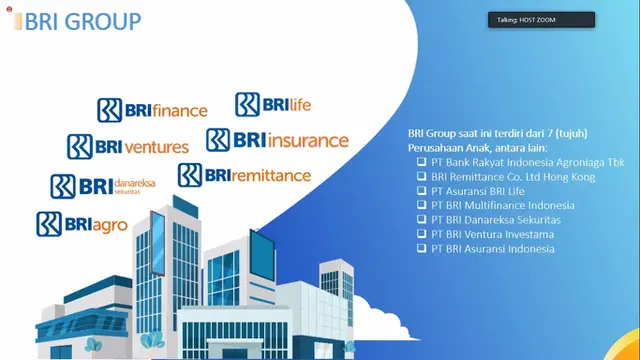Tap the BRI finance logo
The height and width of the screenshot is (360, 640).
click(152, 110)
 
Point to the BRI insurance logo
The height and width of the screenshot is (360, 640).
click(277, 140)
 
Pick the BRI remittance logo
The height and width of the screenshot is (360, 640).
click(244, 176)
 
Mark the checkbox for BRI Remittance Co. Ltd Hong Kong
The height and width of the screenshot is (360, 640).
click(421, 177)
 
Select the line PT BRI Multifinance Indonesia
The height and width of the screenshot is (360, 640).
click(496, 205)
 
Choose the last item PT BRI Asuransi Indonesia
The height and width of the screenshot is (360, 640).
click(492, 248)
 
